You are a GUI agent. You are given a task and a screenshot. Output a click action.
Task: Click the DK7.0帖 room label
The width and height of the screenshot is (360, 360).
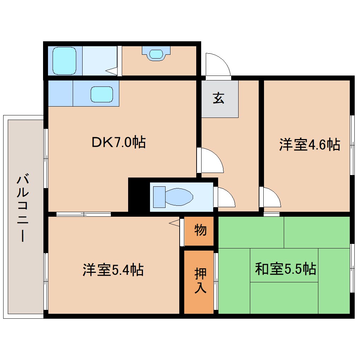118,142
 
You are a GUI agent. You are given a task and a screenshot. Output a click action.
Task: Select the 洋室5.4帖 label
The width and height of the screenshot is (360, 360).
113,270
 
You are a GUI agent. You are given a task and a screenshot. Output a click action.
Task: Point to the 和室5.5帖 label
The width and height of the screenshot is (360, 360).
285,269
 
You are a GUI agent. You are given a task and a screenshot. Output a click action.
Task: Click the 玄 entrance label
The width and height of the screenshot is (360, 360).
218,98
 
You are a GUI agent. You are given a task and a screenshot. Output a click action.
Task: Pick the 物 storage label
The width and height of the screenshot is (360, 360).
200,230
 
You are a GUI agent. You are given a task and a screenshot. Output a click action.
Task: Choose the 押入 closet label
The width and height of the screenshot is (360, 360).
200,281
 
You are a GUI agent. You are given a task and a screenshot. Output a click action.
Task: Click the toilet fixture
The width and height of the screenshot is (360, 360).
173,197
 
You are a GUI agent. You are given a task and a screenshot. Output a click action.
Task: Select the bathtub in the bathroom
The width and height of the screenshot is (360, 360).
64,61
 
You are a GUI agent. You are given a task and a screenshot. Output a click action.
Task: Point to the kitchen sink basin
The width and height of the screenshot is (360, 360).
102,94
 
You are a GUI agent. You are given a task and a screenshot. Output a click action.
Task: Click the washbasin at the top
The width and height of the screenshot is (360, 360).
156,54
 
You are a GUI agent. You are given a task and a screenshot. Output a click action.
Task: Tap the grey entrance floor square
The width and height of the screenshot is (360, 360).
220,99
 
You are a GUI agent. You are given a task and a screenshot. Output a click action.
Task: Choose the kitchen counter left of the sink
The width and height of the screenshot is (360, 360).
60,93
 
